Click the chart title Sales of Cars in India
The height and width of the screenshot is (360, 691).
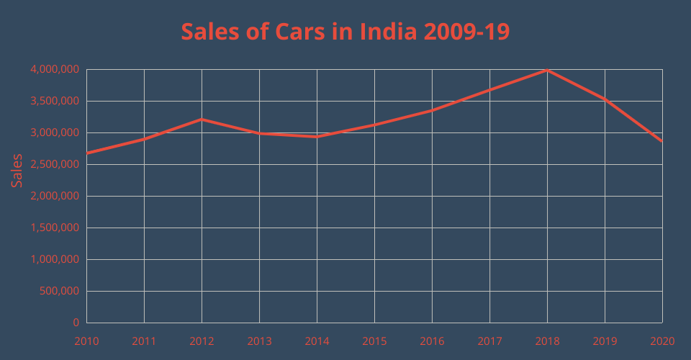pos(345,32)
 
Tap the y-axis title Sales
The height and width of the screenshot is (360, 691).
pos(17,171)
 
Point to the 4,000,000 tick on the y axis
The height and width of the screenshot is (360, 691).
pos(55,70)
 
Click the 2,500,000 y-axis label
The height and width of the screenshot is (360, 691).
pos(55,165)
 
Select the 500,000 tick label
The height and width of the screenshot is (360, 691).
pos(60,292)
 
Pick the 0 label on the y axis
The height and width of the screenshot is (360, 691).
pos(76,323)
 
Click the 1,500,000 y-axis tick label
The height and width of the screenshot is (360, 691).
pos(55,228)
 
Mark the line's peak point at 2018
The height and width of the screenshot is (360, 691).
pos(547,70)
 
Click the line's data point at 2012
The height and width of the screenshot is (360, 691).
pos(202,120)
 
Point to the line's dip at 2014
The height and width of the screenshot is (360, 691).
pos(317,136)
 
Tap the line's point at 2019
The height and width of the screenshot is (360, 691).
pos(605,99)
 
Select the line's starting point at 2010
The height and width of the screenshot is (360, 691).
pos(87,153)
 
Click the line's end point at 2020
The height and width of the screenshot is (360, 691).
pos(661,141)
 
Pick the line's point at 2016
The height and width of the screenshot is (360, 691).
pos(432,110)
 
